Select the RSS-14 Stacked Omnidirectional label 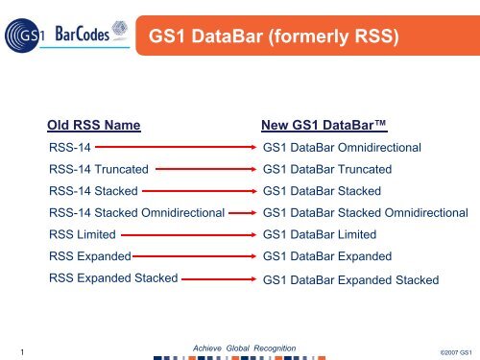135,212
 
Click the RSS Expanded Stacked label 112,277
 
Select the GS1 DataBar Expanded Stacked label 350,279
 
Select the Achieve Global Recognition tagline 244,346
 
